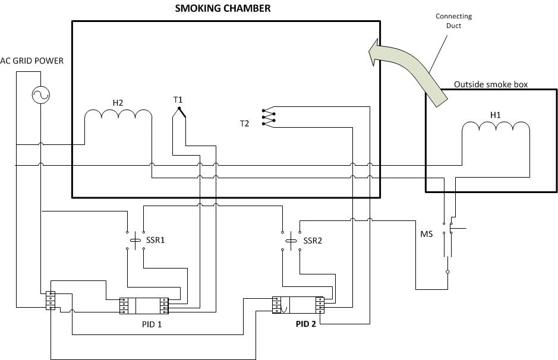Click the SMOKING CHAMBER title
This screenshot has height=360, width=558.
[223, 8]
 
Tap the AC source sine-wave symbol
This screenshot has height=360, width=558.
[40, 94]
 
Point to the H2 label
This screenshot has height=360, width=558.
[118, 103]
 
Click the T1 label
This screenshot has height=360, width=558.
[178, 99]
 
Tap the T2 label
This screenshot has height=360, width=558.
[245, 124]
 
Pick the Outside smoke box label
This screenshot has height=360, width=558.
[490, 84]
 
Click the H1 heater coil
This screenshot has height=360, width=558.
[496, 129]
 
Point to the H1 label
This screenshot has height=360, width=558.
[495, 114]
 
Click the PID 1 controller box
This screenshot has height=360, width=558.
[144, 305]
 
